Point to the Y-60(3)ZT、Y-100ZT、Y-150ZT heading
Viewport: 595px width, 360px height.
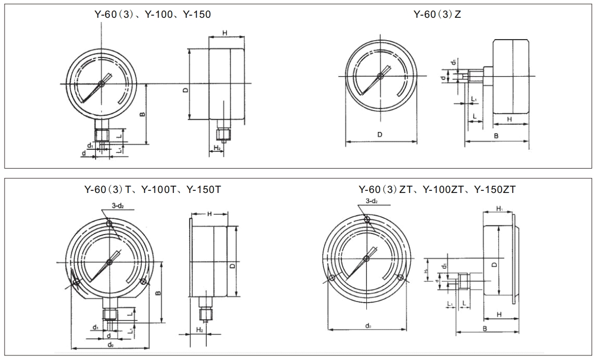[x=437, y=189]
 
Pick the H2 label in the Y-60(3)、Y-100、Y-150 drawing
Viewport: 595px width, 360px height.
[x=216, y=148]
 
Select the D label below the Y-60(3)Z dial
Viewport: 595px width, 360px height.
[x=380, y=135]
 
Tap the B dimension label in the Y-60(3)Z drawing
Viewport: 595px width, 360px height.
[x=496, y=136]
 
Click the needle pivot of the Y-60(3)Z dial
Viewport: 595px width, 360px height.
[x=380, y=76]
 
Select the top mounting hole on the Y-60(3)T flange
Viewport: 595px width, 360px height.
[x=109, y=224]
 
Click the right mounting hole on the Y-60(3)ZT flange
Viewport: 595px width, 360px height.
[x=401, y=277]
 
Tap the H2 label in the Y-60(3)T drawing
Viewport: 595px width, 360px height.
[x=200, y=330]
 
